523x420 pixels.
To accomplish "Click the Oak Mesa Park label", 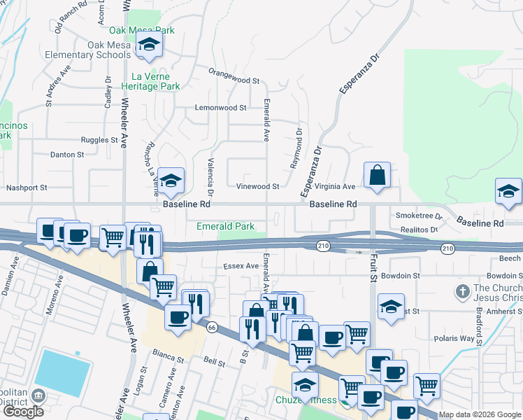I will point(141,31).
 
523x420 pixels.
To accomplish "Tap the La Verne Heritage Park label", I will point(156,81).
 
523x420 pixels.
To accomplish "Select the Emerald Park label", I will point(225,227).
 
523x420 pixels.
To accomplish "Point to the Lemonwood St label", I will point(221,108).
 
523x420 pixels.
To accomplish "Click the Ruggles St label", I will point(99,140).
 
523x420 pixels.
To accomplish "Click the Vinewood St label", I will point(257,187).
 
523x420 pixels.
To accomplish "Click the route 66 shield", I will point(210,326).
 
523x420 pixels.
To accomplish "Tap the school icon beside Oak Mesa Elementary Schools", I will point(148,45).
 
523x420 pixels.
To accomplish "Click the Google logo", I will point(23,412).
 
